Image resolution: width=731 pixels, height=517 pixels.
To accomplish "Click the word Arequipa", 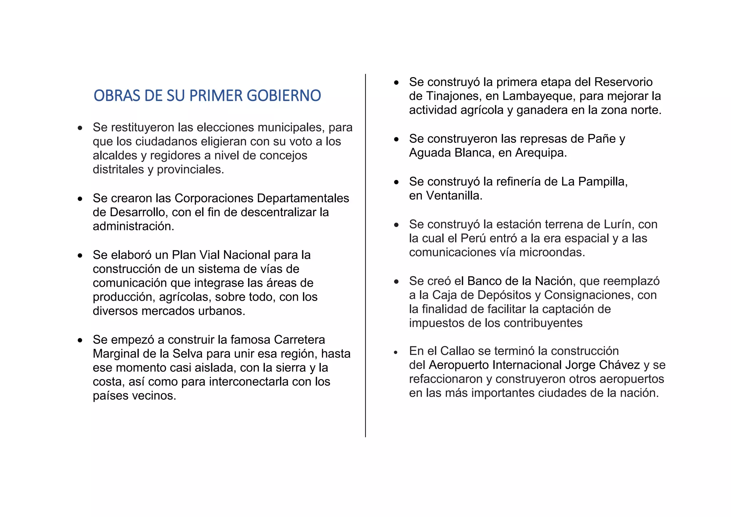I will pos(541,153).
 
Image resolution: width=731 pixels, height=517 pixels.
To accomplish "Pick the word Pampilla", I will pos(603,182).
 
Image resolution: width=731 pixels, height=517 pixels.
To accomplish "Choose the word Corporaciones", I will pos(214,198).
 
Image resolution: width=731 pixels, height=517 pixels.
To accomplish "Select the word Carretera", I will pos(299,340).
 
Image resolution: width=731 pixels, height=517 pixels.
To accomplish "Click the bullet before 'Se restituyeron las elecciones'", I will pos(80,128).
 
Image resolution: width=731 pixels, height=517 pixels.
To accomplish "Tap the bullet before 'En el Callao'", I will pos(396,352).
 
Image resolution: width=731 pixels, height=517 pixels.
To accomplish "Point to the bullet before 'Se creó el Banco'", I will pos(396,282).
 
